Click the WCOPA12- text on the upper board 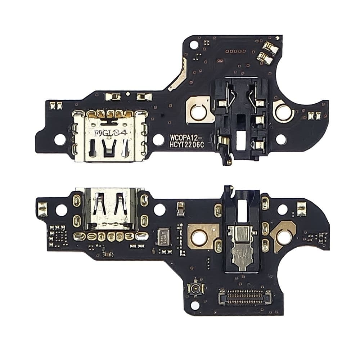click(x=187, y=138)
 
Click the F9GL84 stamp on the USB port click(x=111, y=133)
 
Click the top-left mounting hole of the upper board click(x=194, y=45)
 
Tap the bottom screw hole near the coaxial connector click(x=195, y=306)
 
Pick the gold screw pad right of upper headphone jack click(x=283, y=112)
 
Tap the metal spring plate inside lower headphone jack click(x=244, y=248)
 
